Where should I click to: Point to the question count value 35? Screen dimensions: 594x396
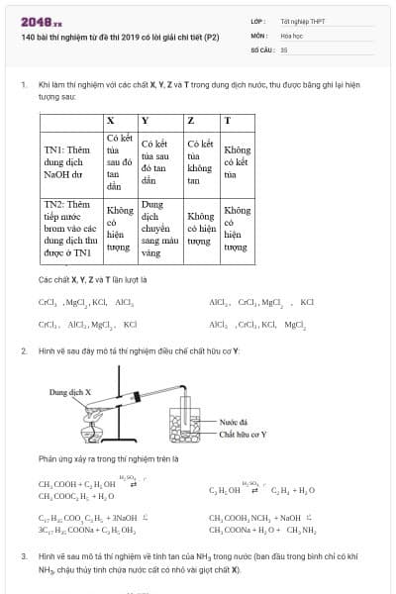pos(284,48)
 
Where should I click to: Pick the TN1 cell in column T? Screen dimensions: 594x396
pos(237,162)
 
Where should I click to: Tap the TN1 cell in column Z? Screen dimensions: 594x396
pos(200,162)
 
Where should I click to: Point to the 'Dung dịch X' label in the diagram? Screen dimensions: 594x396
pos(70,392)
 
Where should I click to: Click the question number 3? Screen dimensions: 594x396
pos(24,557)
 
